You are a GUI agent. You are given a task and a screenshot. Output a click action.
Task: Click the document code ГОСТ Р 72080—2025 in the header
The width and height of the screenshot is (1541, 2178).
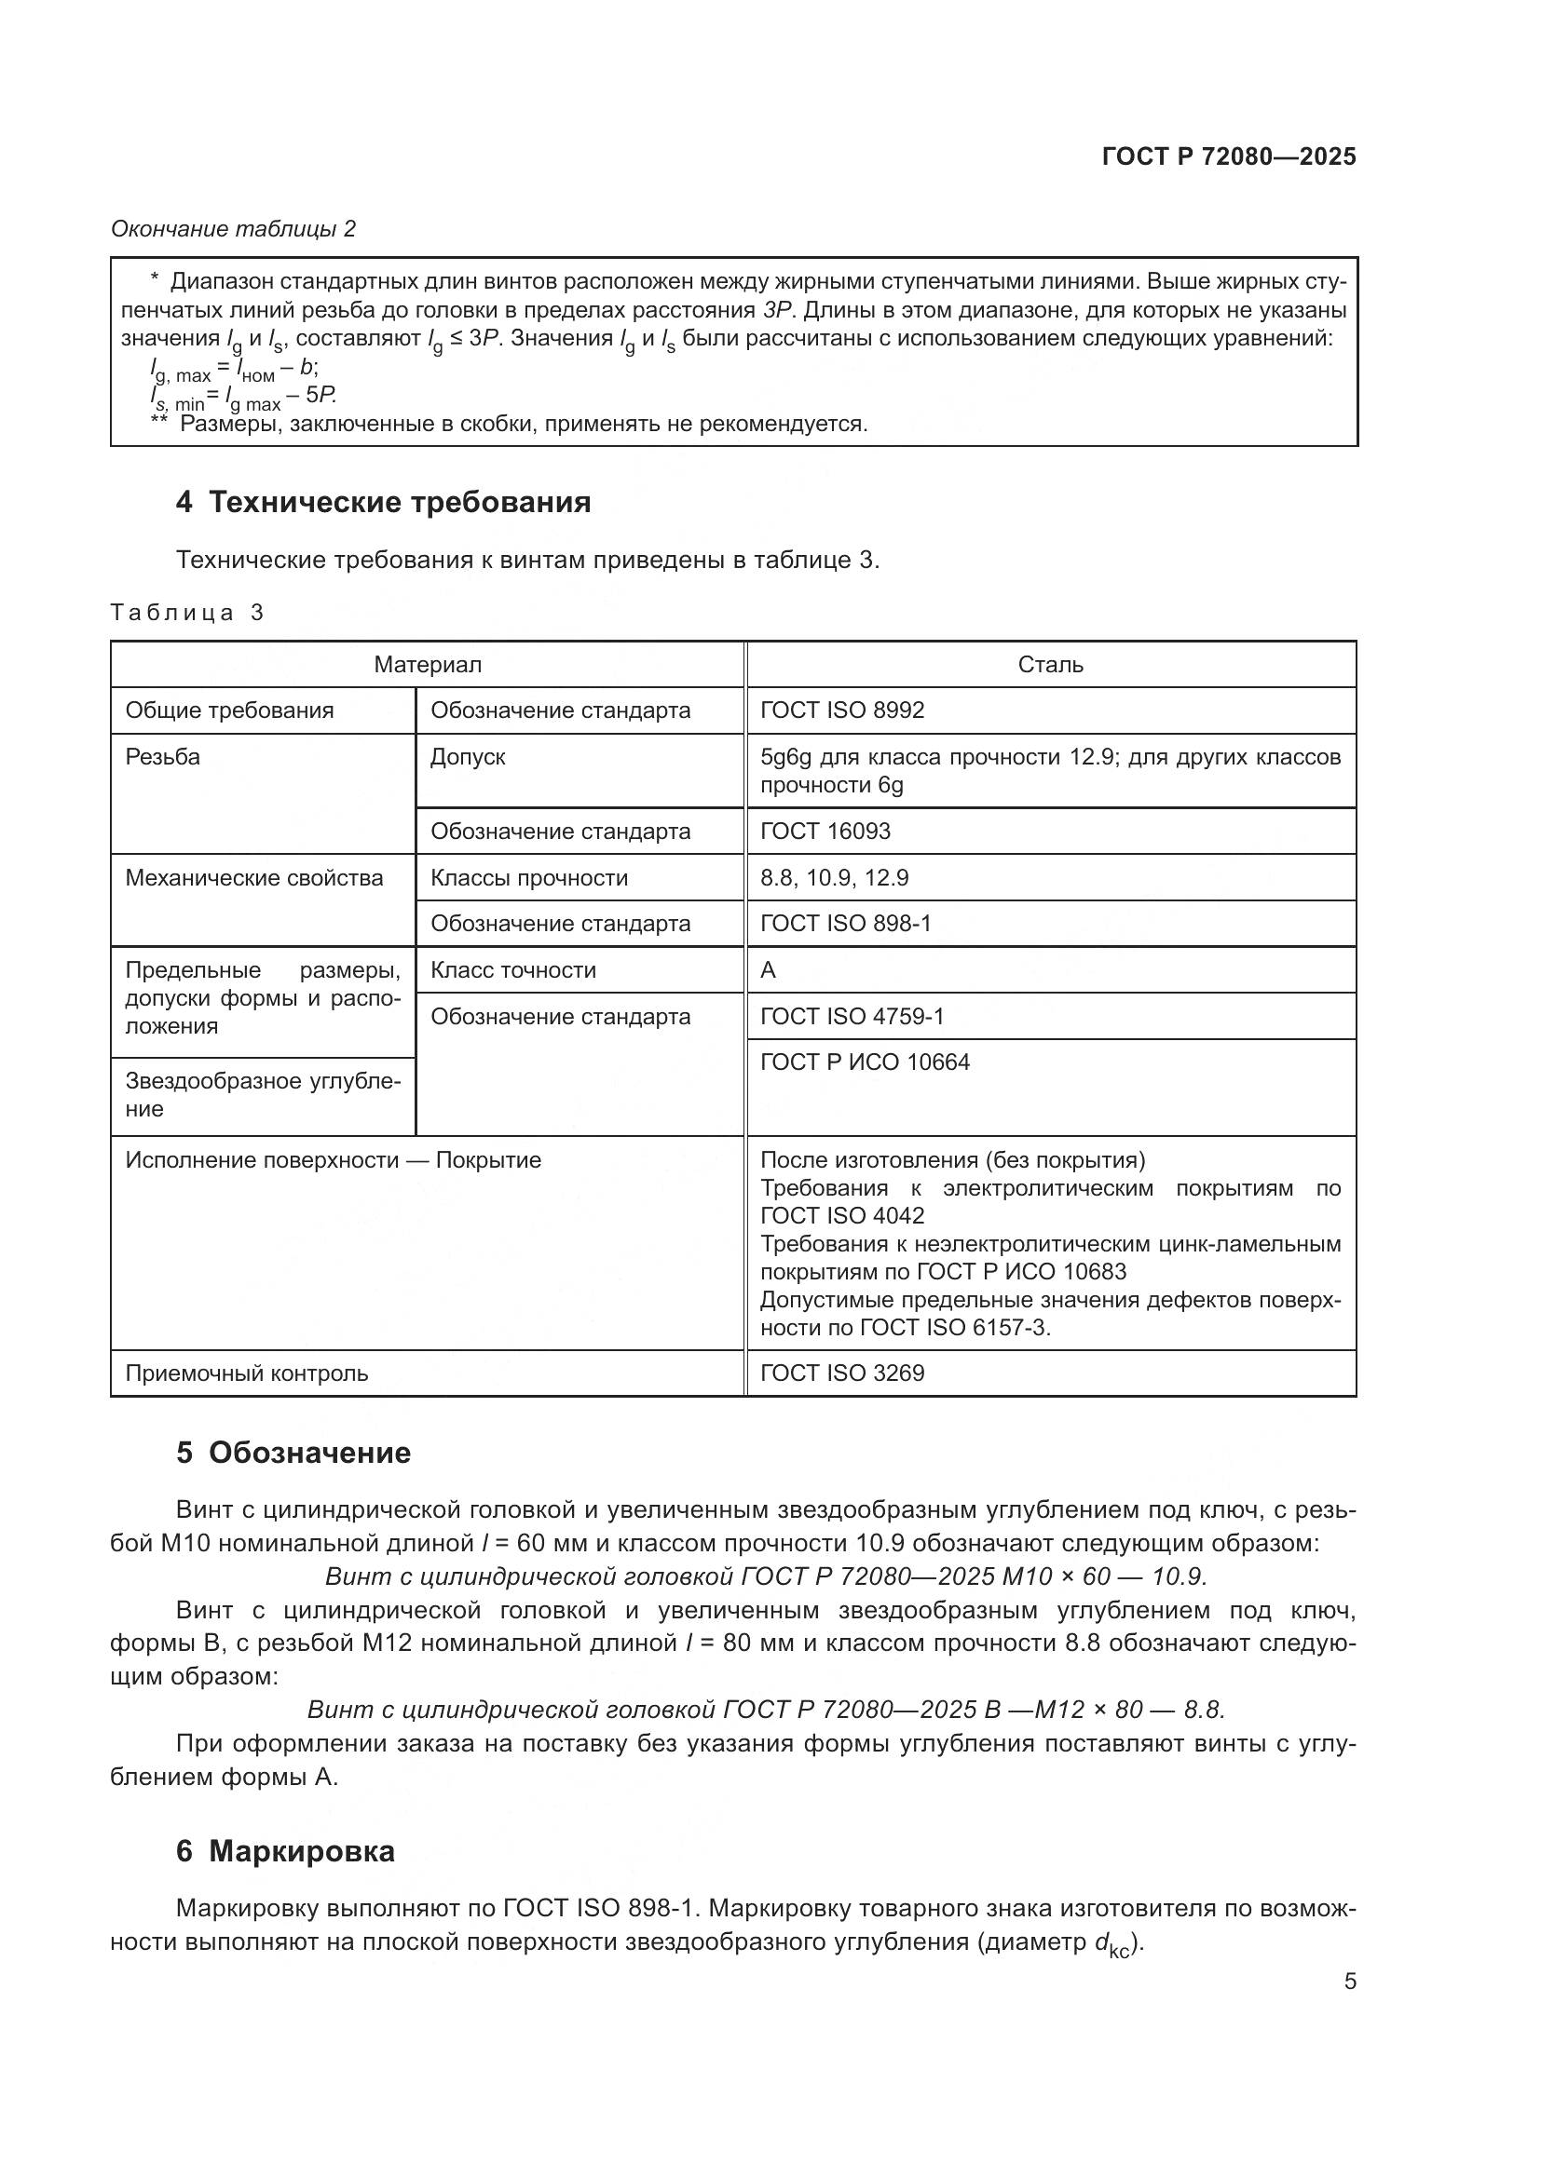click(x=1229, y=156)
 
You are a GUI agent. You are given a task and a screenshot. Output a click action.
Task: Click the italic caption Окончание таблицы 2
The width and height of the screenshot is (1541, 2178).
click(x=234, y=229)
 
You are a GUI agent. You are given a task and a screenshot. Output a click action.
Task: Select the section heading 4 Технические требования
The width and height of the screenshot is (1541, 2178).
click(x=382, y=502)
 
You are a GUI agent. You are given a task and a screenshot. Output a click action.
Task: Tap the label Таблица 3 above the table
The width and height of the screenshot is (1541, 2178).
click(x=186, y=613)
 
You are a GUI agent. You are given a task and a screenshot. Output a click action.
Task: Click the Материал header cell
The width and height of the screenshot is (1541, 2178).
click(x=427, y=665)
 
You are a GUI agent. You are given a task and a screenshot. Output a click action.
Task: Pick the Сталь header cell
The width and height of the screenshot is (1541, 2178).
click(x=1049, y=665)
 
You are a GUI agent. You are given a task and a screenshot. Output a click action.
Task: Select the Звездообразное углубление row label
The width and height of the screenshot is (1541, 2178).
click(x=262, y=1095)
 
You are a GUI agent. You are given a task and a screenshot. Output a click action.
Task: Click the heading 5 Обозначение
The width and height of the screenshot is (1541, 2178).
click(x=293, y=1453)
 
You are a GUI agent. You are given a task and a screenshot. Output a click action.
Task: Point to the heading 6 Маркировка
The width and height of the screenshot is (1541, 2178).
click(x=285, y=1851)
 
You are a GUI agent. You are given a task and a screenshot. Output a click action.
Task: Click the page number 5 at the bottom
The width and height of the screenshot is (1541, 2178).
click(x=1349, y=1981)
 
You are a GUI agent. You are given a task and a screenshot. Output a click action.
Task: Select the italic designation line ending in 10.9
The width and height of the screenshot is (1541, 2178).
click(x=765, y=1576)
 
